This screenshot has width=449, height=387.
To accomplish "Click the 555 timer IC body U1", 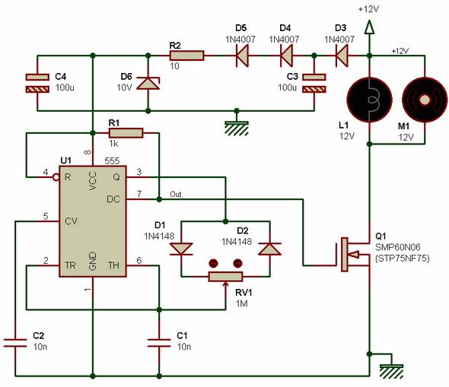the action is point(93,221).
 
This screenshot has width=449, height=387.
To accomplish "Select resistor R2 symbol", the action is point(186,56).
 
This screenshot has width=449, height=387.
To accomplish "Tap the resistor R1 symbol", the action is point(126,133).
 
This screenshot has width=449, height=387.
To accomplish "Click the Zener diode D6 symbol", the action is point(148,83).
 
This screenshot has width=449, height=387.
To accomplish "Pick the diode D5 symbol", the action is point(242,56).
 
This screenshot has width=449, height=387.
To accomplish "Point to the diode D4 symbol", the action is point(286,56).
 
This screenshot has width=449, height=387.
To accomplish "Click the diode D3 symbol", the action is point(342,56).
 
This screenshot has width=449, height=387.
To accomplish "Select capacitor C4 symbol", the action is point(37,83).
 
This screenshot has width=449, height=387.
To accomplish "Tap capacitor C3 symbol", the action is point(314,83).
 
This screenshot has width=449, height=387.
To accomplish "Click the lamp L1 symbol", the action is point(369,100).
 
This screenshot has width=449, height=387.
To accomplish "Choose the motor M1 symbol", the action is point(425,100).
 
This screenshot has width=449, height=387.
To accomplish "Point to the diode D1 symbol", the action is point(181,249).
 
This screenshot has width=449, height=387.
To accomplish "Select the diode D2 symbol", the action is point(269,249).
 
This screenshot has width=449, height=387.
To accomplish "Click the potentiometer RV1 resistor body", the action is point(226,277).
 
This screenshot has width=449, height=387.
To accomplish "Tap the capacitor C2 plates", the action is point(15,343).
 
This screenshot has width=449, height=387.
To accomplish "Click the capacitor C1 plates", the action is point(159,343).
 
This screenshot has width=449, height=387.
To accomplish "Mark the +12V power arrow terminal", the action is point(369,27).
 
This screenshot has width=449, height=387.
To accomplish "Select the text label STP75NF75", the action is point(403,259).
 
